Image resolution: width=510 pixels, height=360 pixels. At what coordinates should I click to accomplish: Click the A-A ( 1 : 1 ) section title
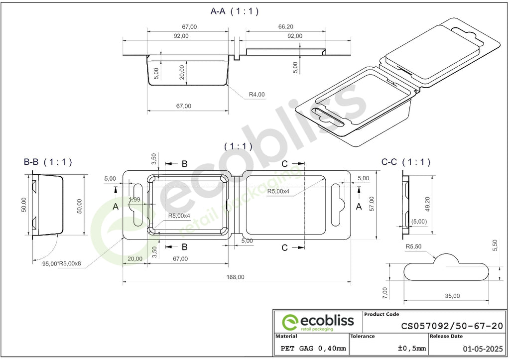click(235, 11)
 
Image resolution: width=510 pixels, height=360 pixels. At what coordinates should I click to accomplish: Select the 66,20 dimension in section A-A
click(285, 27)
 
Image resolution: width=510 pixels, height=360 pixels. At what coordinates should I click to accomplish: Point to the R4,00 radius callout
click(257, 94)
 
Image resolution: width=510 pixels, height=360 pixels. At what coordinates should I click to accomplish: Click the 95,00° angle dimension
click(50, 264)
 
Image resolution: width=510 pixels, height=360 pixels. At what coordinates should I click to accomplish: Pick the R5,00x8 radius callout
click(70, 263)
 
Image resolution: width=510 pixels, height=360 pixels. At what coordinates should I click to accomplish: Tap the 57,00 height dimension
click(372, 204)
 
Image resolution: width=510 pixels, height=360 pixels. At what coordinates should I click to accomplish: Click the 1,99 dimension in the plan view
click(134, 199)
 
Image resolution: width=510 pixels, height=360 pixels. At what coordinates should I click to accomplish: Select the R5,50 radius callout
click(413, 246)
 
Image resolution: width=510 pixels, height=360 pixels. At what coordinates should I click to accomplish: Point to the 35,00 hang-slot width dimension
click(452, 296)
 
